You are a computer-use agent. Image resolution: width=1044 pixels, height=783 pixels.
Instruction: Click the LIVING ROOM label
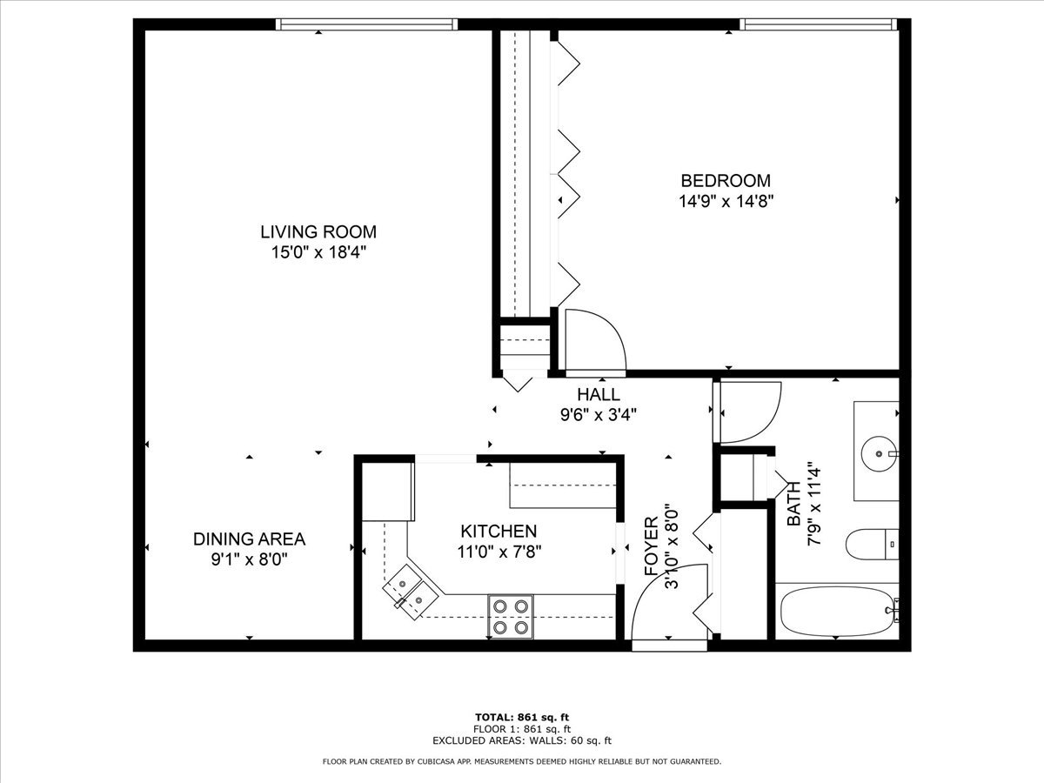tap(318, 231)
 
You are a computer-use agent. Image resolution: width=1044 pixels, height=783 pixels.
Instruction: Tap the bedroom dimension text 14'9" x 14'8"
tap(726, 201)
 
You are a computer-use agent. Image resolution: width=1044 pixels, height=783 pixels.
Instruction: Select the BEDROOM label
tap(725, 181)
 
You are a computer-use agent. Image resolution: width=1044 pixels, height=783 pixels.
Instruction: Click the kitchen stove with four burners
tap(511, 616)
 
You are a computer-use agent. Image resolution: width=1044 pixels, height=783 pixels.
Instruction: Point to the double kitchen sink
tap(408, 589)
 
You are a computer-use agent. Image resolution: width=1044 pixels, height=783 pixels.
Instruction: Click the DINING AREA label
tap(249, 539)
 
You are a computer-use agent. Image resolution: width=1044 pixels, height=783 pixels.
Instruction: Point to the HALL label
tap(599, 395)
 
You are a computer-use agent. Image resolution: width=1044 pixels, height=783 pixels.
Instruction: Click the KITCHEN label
tap(499, 531)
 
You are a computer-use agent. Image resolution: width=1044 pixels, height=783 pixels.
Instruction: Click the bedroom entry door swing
tap(593, 340)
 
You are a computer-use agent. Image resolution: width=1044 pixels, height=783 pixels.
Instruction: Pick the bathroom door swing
tap(748, 412)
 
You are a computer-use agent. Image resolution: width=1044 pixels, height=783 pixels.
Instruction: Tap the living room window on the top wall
tap(366, 25)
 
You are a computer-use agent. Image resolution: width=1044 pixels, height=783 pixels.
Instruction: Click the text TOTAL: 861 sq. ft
tap(521, 717)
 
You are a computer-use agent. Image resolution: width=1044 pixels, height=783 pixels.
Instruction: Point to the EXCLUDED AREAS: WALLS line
tap(521, 740)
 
